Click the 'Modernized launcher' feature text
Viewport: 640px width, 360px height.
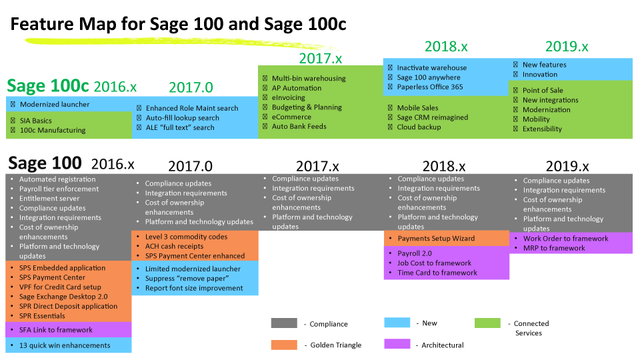[x=55, y=105]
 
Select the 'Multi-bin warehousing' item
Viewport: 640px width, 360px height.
[x=309, y=79]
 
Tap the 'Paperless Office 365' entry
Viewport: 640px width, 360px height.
[x=430, y=87]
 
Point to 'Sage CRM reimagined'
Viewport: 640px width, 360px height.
[x=432, y=117]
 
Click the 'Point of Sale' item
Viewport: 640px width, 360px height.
[x=543, y=90]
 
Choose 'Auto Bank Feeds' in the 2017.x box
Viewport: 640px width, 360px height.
[x=299, y=127]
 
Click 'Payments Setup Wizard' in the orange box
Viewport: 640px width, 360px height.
[x=436, y=239]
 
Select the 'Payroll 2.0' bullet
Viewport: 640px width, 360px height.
[x=414, y=253]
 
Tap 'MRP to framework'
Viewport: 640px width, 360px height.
[x=554, y=248]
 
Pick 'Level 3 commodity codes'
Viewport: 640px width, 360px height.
[x=186, y=237]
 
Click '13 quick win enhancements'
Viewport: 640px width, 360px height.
[x=65, y=345]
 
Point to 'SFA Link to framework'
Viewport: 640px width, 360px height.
[x=56, y=330]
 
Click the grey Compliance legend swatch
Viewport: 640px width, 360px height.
[x=284, y=323]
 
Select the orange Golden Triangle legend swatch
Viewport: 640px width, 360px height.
[x=284, y=345]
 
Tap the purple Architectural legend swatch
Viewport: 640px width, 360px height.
[x=397, y=344]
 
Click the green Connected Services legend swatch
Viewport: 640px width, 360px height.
[x=487, y=323]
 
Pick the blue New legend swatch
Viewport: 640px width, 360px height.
[x=397, y=323]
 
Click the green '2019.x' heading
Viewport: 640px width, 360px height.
[x=567, y=47]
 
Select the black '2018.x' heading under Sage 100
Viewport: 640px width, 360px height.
[x=444, y=167]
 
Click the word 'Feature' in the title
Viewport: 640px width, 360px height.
[x=43, y=24]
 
